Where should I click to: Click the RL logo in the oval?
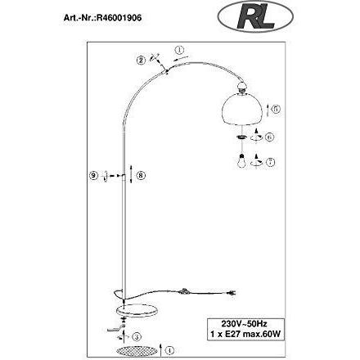256,17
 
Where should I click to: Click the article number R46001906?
119,18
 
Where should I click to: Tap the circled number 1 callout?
180,51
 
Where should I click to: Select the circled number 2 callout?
141,60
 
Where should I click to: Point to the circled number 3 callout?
137,337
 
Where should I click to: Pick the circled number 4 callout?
169,350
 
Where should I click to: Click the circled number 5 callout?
276,109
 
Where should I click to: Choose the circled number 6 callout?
269,137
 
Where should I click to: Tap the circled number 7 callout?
270,162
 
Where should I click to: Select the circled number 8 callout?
141,175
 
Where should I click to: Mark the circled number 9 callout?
93,175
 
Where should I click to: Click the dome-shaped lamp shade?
242,109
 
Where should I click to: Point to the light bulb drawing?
241,161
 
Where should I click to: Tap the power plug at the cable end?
232,293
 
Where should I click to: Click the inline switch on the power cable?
184,291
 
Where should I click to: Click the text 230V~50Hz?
244,324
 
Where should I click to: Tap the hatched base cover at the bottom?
137,350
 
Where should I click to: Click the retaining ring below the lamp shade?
241,137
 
